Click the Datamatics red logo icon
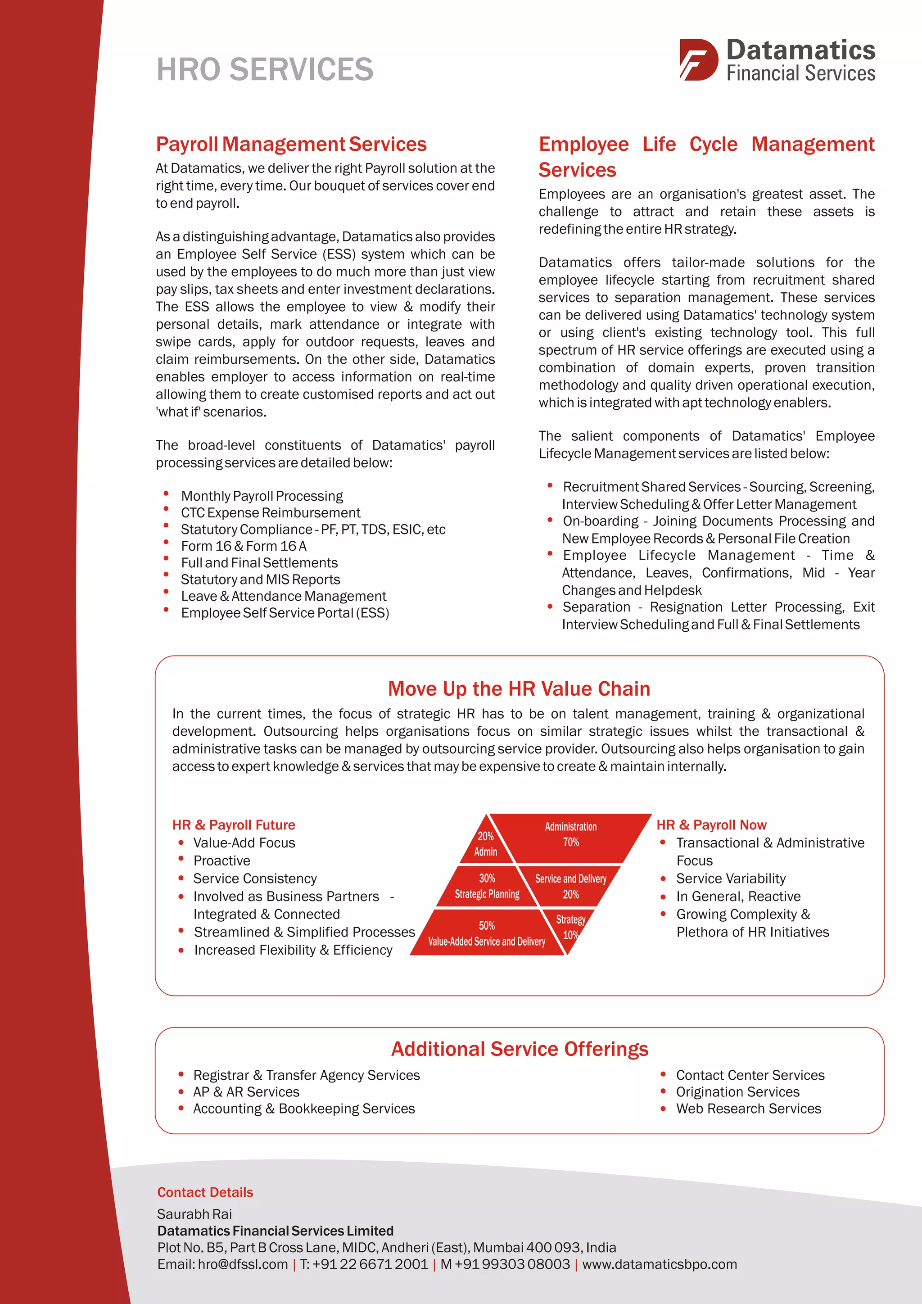698,59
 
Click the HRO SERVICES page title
265,69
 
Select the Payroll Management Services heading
291,144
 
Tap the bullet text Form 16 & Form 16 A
244,546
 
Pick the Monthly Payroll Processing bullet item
262,496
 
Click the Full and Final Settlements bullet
259,562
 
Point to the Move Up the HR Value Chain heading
519,688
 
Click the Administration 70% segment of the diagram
570,834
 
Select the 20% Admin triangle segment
486,844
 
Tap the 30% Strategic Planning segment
487,886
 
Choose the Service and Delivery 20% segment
570,886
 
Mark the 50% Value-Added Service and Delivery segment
487,933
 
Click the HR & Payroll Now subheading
711,824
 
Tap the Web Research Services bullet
748,1108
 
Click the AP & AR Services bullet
246,1091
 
